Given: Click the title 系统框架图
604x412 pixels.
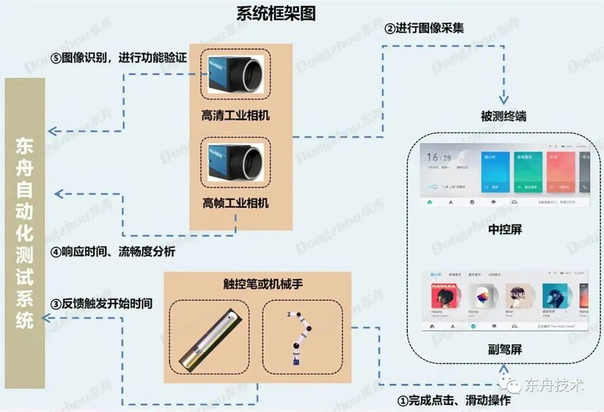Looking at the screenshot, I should [276, 13].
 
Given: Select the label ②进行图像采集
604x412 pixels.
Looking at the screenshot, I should [424, 28].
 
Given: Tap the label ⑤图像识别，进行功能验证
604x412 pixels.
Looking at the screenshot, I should [117, 59].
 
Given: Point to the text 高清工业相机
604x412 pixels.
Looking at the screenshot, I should [235, 116].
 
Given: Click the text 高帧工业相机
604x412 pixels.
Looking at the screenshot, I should [235, 202].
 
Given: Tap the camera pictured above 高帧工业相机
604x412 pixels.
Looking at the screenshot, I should [235, 161].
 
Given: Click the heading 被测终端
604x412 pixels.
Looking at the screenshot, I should [503, 117].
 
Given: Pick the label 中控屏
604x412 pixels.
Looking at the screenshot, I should [504, 229].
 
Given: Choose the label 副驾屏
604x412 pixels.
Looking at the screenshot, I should [504, 350].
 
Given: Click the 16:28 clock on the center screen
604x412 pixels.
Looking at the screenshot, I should [440, 158].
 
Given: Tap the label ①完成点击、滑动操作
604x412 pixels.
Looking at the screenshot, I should [454, 400].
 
